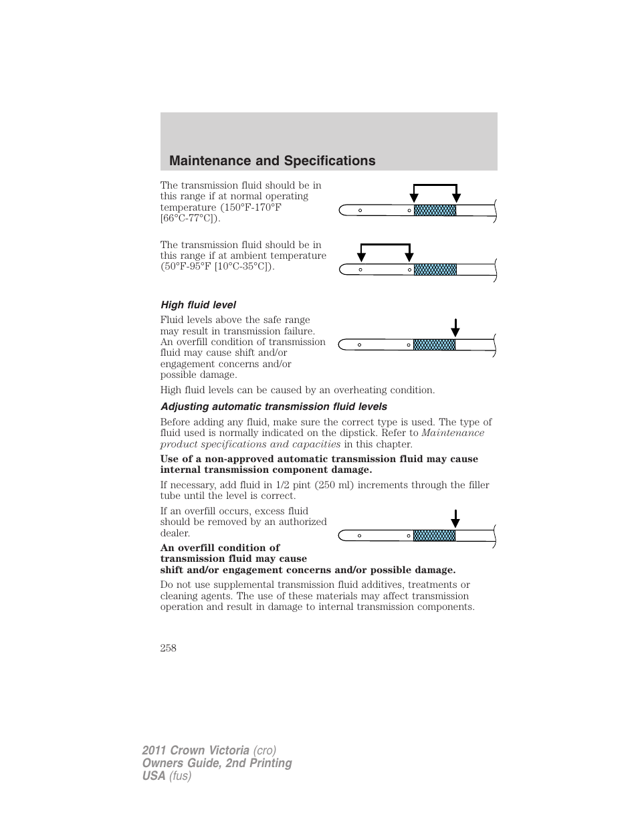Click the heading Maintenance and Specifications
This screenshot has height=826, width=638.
[272, 161]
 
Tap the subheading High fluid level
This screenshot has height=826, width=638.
[198, 305]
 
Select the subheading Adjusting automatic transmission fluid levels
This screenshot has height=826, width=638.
[274, 407]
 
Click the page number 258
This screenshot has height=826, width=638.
[168, 647]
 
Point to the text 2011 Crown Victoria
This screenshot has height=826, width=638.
[195, 750]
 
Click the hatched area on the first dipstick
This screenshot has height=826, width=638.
[435, 210]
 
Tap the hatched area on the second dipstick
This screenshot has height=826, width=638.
[435, 270]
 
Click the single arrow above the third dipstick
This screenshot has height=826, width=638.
[455, 328]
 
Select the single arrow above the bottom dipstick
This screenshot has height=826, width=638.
[455, 519]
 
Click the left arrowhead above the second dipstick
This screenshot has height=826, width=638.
[361, 255]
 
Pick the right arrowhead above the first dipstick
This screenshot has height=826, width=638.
[457, 196]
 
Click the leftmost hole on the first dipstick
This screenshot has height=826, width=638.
[360, 211]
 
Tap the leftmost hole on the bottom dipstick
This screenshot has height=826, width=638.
[359, 536]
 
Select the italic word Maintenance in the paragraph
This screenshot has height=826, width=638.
[453, 433]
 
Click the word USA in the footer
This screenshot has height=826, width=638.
[153, 776]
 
